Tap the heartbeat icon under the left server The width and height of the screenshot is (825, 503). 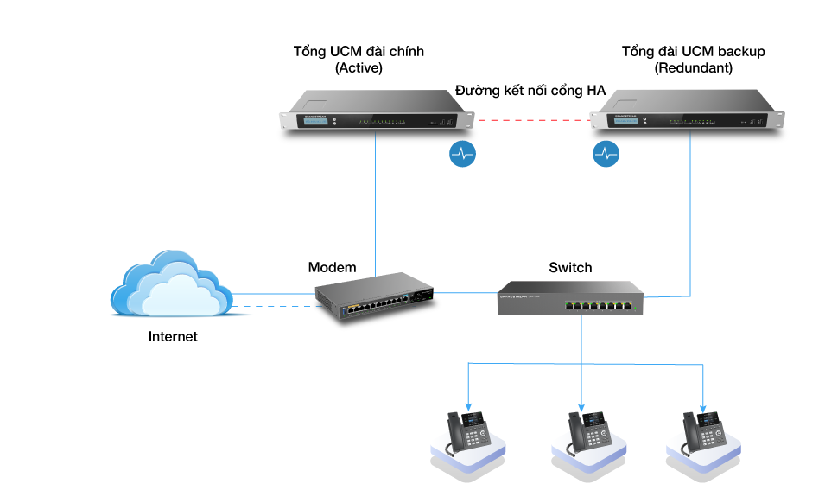[x=463, y=154]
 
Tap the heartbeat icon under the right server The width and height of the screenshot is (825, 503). [x=606, y=154]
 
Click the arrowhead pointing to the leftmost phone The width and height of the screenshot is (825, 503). [x=468, y=406]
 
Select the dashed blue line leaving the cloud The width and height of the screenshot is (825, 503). [x=272, y=306]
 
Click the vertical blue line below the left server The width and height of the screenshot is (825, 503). [x=376, y=207]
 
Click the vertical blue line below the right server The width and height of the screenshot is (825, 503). [x=690, y=216]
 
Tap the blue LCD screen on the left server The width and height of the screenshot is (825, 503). [x=316, y=122]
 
